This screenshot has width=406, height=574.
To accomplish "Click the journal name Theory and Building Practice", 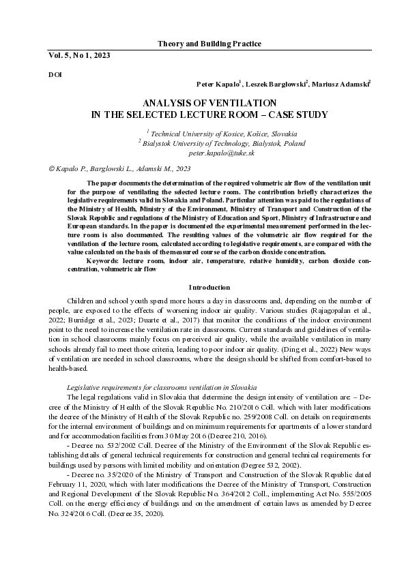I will click(x=209, y=44).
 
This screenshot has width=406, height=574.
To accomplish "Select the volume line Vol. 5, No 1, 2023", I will click(x=79, y=54).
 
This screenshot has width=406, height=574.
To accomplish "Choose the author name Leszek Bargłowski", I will click(x=276, y=84).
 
